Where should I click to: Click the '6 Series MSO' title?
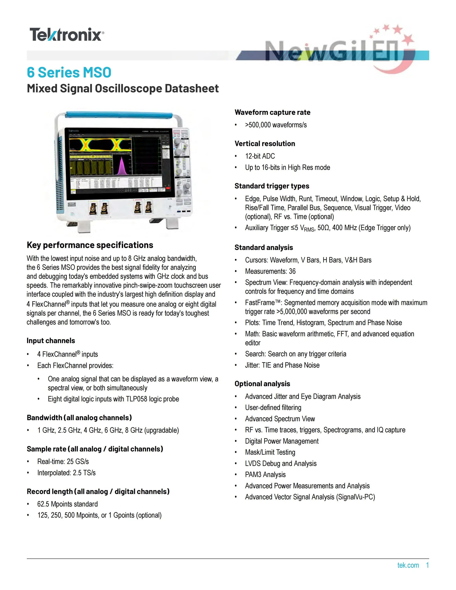coord(69,72)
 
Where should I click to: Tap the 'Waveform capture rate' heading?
coord(272,112)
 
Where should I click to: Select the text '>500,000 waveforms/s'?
coord(276,125)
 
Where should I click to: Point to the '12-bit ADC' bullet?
coord(260,156)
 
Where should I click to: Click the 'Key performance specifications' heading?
coord(90,245)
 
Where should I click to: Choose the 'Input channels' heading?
coord(51,341)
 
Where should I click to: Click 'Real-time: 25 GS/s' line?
coord(63,461)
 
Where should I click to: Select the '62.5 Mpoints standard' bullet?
coord(67,504)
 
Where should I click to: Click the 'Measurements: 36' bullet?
coord(270,271)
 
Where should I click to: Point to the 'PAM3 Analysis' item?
coord(265,475)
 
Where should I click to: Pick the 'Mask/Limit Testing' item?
coord(270,452)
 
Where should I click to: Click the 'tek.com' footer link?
coord(408,565)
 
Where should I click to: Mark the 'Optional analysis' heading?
coord(262,384)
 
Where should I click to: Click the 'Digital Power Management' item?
coord(281,441)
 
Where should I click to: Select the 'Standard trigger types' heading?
coord(272,186)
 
